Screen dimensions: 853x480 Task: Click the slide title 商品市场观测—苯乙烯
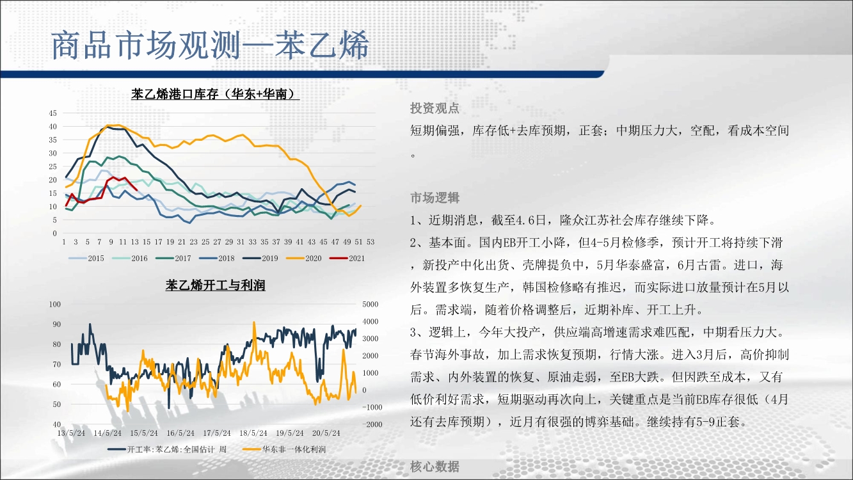[210, 45]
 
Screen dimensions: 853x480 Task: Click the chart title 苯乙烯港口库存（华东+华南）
[215, 93]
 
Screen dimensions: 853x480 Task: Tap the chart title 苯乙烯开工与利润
[215, 285]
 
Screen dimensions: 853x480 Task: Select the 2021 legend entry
[347, 259]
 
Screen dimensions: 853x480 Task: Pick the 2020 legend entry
[303, 259]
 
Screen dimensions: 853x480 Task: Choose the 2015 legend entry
[86, 259]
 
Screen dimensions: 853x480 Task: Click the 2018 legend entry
[217, 259]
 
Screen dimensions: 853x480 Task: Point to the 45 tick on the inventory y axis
[52, 113]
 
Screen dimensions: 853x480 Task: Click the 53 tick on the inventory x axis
[370, 242]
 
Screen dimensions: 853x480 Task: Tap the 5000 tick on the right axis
[370, 305]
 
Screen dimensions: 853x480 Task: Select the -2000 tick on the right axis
[372, 424]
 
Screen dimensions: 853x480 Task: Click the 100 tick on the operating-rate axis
[55, 305]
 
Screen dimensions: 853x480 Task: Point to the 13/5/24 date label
[71, 433]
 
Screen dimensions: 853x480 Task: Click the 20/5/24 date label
[326, 433]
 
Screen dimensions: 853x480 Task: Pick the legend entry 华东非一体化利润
[284, 449]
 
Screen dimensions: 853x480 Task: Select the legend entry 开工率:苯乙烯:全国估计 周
[167, 449]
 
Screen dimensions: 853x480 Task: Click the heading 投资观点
[434, 109]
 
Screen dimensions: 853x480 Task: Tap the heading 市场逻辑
[434, 198]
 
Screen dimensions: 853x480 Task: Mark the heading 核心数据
[434, 467]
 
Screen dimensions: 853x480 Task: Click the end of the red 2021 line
[137, 190]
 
